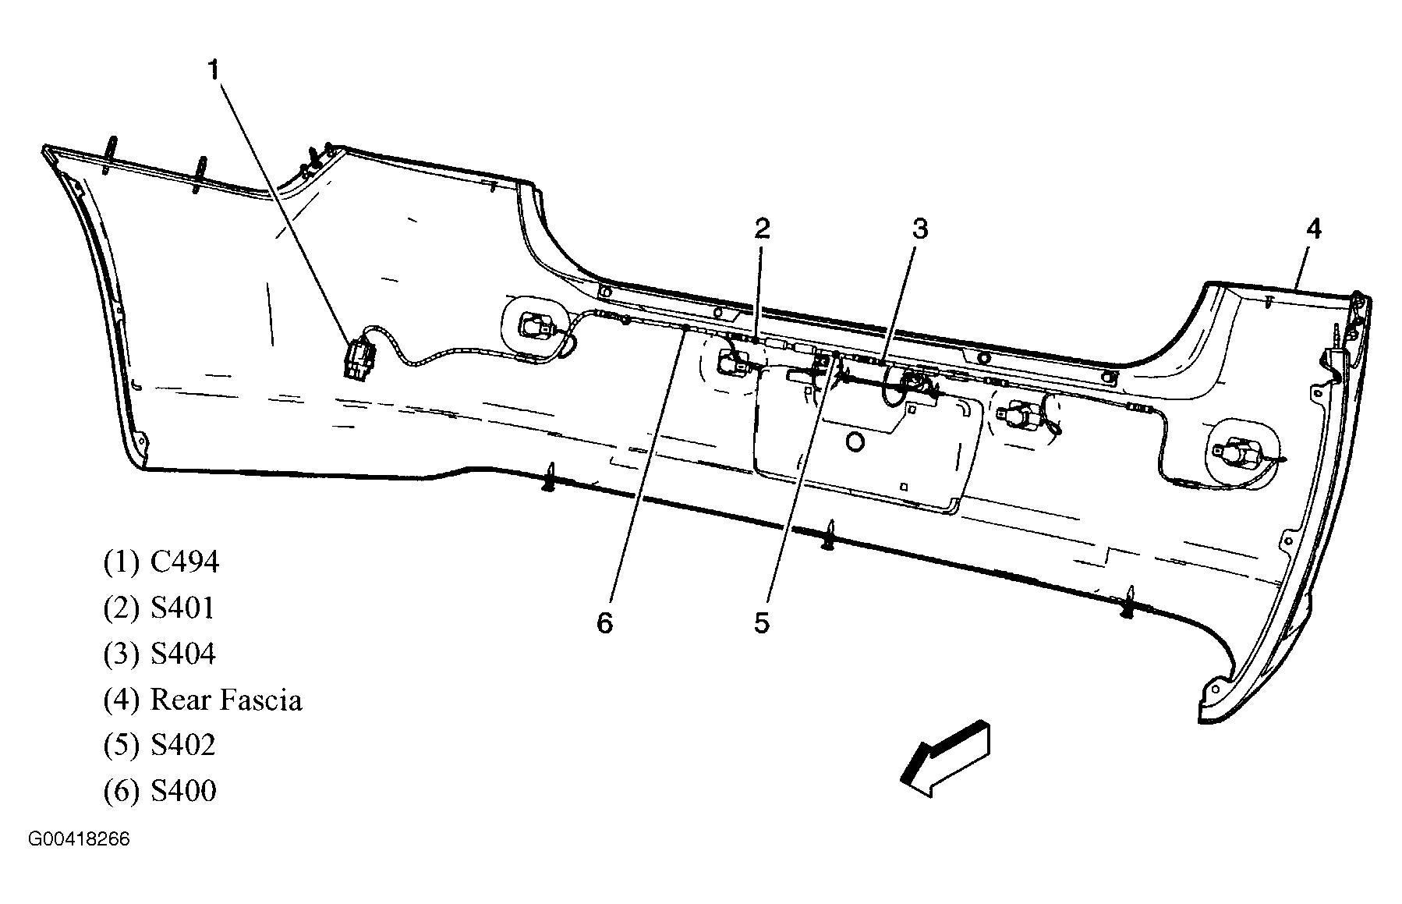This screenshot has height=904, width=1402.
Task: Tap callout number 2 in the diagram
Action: [x=762, y=229]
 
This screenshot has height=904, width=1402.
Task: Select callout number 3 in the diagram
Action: [x=920, y=229]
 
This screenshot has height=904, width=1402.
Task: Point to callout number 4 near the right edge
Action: [x=1314, y=229]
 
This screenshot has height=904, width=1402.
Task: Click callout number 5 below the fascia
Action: [x=762, y=622]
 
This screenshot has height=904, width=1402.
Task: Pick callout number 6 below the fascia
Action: [x=605, y=622]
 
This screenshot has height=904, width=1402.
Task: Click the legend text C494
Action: [x=184, y=562]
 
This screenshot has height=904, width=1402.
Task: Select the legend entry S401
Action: [x=182, y=608]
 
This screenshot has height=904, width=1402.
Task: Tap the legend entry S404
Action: [x=182, y=654]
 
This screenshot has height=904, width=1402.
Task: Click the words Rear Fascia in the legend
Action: [x=225, y=700]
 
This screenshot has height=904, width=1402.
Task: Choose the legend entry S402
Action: [x=182, y=745]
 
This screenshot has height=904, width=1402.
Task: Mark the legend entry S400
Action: [x=182, y=791]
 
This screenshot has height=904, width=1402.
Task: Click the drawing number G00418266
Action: [x=79, y=840]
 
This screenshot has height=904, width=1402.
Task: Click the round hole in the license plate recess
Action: [x=855, y=442]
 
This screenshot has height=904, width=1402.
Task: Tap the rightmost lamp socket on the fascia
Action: [x=1232, y=454]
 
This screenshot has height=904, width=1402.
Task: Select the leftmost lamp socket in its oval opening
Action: [x=537, y=325]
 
